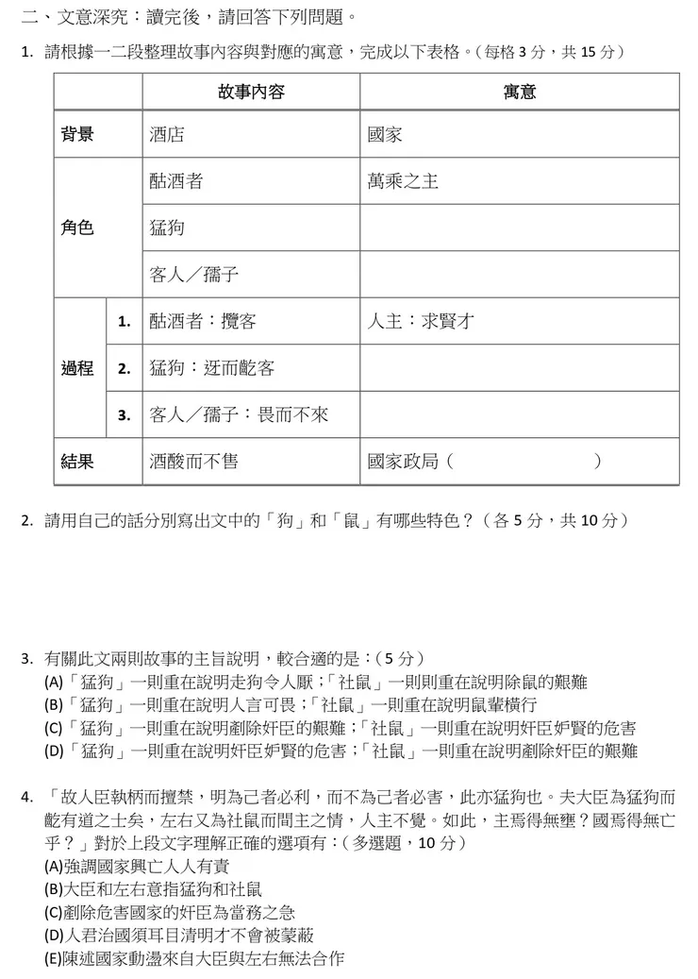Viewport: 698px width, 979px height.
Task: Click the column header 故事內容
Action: [251, 92]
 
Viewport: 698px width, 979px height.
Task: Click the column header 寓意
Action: [519, 92]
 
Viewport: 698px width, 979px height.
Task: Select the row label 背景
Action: [77, 135]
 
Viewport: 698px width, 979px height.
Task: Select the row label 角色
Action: [77, 228]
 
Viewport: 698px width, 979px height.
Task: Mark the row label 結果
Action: [77, 462]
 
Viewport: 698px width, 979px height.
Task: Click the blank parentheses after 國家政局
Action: [523, 462]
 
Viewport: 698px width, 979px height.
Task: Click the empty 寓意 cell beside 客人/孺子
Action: [519, 275]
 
